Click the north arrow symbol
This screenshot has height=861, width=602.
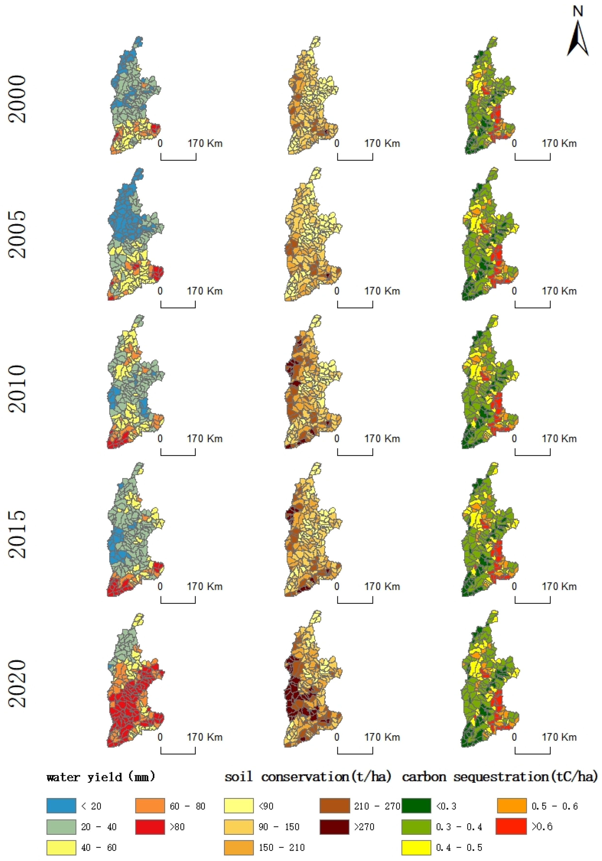pos(577,38)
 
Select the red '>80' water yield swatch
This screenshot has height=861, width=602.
pos(150,827)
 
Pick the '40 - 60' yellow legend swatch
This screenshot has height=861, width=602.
pos(61,847)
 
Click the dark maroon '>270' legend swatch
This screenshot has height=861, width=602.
pos(334,827)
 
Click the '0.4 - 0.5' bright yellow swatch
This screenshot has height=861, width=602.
pos(416,847)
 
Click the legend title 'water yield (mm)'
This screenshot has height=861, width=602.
pos(101,777)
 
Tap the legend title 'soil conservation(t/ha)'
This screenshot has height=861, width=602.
pos(308,777)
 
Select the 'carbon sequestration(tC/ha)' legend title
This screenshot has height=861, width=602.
pos(500,777)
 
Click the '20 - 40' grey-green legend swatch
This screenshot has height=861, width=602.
pos(61,827)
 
